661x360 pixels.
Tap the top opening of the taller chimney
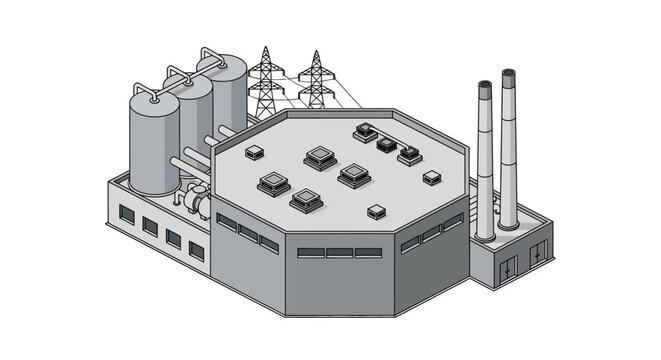pyautogui.click(x=509, y=74)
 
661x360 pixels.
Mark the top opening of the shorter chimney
pyautogui.click(x=484, y=87)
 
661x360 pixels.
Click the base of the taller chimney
pyautogui.click(x=509, y=222)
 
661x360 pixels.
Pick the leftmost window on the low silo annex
pyautogui.click(x=127, y=213)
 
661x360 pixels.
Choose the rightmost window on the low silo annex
pyautogui.click(x=196, y=251)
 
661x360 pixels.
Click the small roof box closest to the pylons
pyautogui.click(x=254, y=152)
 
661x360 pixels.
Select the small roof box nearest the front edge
pyautogui.click(x=376, y=212)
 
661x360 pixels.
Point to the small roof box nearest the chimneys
pyautogui.click(x=431, y=178)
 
